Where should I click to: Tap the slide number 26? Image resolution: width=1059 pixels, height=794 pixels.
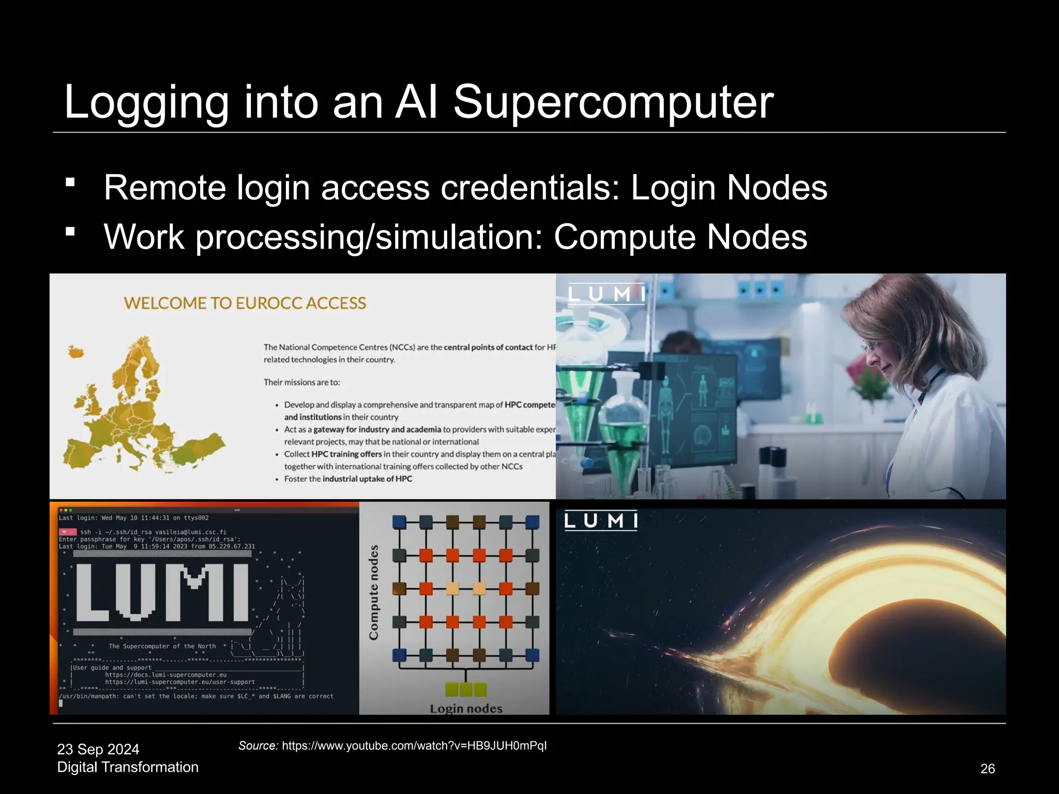point(987,769)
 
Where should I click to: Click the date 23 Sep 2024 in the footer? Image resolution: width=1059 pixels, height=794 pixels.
point(98,749)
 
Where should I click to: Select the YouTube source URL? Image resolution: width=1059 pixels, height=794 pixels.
point(414,745)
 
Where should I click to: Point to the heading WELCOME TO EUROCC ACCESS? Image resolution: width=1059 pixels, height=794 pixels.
point(245,303)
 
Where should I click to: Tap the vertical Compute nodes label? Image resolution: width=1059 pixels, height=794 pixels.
point(373,592)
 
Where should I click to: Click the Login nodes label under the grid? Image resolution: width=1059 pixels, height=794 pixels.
point(466,708)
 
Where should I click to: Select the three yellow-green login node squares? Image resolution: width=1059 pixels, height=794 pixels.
point(466,690)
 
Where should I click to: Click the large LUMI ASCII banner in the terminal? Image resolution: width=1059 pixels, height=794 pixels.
point(162,592)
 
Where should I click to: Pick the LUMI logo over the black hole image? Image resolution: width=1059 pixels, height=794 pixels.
point(601,520)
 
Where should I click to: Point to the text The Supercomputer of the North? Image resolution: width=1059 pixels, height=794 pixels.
point(162,646)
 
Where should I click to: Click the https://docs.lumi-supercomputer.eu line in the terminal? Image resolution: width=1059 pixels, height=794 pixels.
point(165,675)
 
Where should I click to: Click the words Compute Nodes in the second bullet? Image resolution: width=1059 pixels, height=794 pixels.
point(680,237)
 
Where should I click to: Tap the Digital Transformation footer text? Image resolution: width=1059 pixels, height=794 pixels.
point(128,767)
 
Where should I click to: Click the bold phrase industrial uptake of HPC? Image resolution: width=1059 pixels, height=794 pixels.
point(367,479)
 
